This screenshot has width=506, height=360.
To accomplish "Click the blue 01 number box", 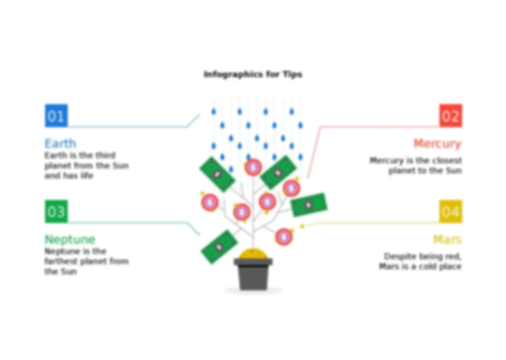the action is (x=56, y=115).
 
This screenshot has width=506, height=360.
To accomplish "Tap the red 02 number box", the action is (x=451, y=115).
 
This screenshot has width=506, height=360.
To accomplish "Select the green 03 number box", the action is (x=56, y=211).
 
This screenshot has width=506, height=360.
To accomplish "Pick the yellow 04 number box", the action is (x=451, y=211).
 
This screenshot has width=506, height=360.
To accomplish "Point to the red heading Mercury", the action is (x=437, y=144).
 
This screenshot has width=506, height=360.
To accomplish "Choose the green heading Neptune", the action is (x=70, y=239).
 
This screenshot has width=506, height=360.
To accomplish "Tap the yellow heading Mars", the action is (x=447, y=239).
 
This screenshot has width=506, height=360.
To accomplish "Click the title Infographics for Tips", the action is (x=253, y=74).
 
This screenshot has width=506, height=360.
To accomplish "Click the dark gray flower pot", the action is (x=253, y=274).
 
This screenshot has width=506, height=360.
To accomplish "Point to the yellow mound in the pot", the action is (x=253, y=254).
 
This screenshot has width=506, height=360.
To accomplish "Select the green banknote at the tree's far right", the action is (x=309, y=205).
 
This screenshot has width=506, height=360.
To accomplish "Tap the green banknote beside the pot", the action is (x=219, y=247).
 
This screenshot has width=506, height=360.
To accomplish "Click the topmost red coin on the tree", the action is (x=253, y=167).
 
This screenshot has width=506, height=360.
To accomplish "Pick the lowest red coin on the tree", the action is (x=284, y=237).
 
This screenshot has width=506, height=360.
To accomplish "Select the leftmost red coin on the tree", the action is (x=210, y=202).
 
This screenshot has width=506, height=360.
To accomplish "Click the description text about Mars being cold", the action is (x=420, y=262).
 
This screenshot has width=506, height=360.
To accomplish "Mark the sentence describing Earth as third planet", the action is (x=87, y=165).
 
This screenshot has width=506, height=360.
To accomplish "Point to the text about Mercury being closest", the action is (x=416, y=165).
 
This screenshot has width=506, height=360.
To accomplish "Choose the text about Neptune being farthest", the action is (x=87, y=261).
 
